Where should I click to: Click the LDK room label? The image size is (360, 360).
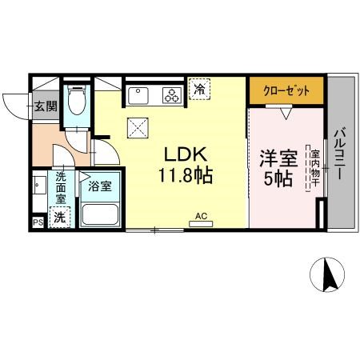click(186, 154)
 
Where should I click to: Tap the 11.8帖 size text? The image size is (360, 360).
click(186, 175)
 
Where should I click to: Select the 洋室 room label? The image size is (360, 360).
click(278, 158)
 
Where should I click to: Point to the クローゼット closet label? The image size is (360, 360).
click(286, 91)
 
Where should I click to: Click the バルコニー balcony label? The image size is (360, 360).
click(340, 154)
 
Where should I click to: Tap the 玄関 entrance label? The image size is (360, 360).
click(46, 106)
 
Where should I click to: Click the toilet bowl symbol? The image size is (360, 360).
click(77, 100)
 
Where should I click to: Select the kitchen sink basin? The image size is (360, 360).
click(138, 96)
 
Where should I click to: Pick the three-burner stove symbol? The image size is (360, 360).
click(172, 95)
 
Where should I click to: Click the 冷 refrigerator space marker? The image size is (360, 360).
click(199, 89)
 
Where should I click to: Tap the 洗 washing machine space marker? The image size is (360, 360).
click(60, 218)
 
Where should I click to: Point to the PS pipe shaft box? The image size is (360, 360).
click(38, 222)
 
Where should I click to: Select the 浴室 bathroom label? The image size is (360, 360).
click(100, 186)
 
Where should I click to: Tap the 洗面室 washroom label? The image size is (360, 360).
click(61, 188)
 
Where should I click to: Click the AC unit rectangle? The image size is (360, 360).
click(201, 224)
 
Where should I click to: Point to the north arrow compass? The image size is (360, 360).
click(327, 274)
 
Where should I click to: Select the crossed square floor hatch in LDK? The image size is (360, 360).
click(138, 128)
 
